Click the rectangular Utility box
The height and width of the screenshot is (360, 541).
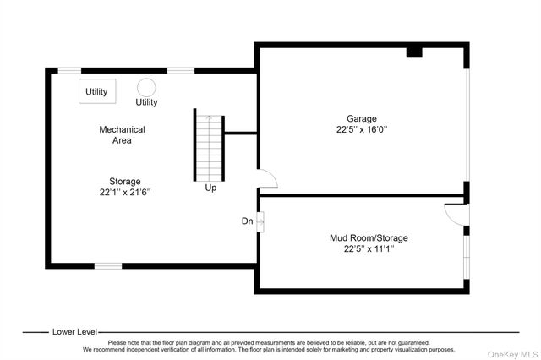point(97,91)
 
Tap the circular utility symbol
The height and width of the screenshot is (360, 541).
point(146,87)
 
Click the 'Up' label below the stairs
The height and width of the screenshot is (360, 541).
point(210,188)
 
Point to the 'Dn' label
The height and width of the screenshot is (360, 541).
point(247,221)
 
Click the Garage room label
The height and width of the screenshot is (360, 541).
point(361,118)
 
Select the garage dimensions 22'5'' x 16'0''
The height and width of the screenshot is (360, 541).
point(361,130)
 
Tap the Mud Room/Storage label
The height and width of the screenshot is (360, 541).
point(362,237)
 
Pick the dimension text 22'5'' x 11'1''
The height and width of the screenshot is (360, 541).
point(362,249)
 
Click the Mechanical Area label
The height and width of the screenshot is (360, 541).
point(122,134)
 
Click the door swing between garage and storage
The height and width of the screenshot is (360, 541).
point(266,178)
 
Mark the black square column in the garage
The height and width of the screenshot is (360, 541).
point(413,52)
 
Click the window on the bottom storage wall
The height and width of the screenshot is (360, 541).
point(108,265)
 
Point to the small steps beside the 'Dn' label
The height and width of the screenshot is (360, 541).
point(260,221)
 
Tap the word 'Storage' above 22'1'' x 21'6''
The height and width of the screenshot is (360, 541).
point(124,181)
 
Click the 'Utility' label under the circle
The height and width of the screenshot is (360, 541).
point(146,102)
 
